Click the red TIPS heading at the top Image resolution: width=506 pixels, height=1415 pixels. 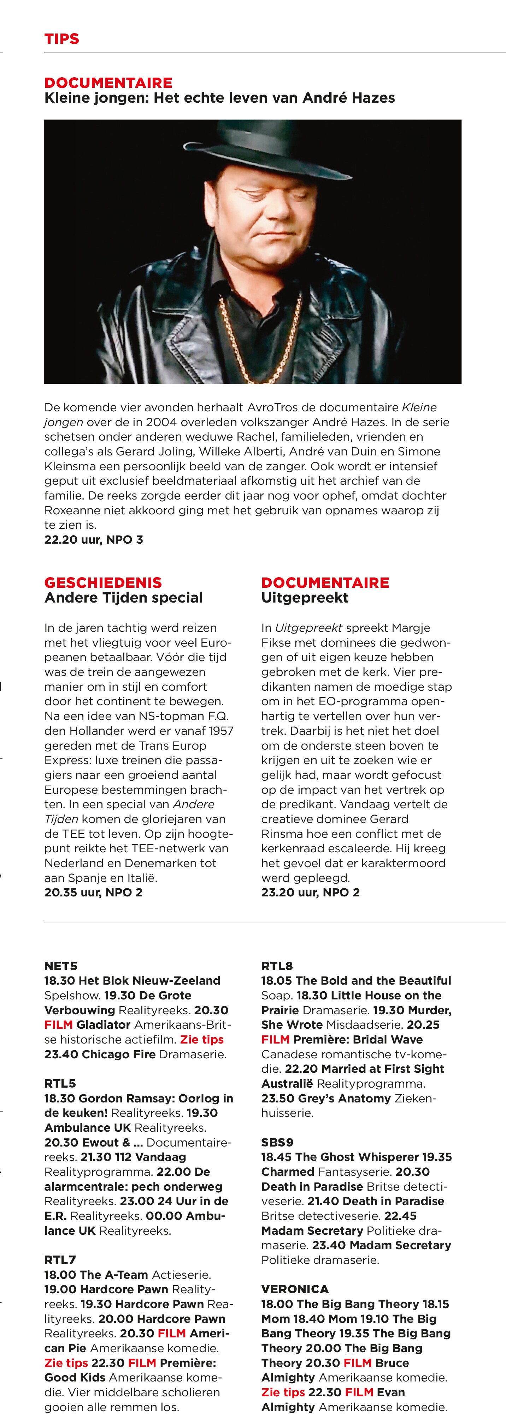61,39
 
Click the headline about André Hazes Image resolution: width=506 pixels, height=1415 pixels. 219,98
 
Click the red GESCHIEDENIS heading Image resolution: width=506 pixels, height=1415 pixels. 103,583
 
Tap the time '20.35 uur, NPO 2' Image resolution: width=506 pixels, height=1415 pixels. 94,893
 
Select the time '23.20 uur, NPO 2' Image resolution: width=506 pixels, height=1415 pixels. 310,893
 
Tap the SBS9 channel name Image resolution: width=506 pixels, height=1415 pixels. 277,1143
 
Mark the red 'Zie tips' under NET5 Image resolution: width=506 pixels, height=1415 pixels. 202,1040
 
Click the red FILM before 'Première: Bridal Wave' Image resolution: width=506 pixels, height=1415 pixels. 275,1040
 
